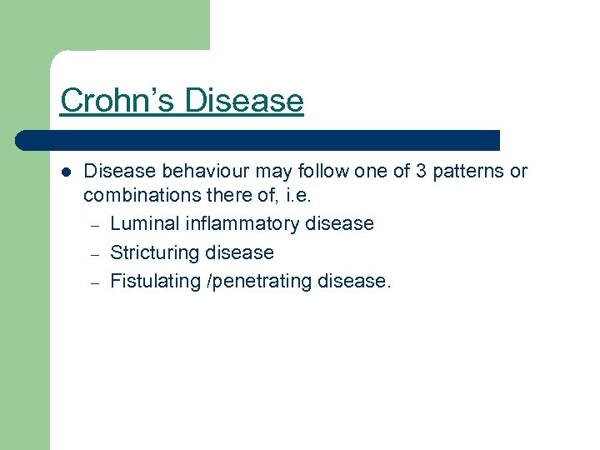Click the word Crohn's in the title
tap(117, 101)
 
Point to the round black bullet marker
tap(66, 172)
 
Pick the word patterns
tap(468, 172)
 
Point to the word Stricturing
tap(155, 252)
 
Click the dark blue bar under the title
tap(258, 140)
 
